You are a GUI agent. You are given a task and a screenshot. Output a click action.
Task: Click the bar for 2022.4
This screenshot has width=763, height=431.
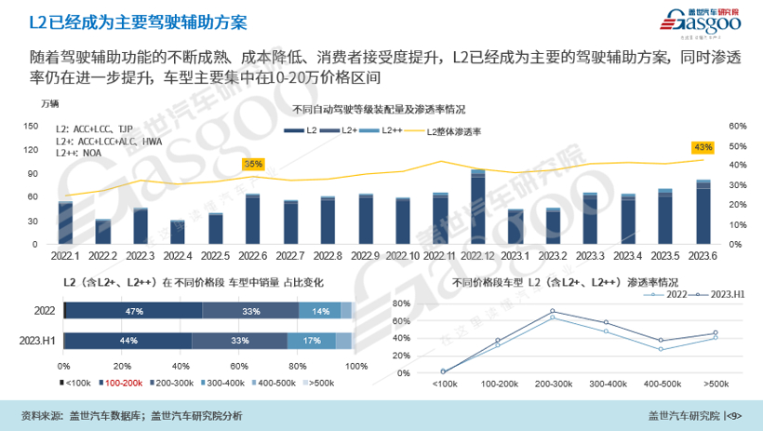click(x=178, y=233)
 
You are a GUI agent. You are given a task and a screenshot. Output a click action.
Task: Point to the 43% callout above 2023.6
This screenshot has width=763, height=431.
click(x=703, y=147)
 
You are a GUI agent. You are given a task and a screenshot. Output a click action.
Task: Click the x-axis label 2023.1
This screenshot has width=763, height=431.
click(x=515, y=254)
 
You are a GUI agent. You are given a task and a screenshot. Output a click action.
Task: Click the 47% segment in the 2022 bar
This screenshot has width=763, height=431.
click(x=134, y=311)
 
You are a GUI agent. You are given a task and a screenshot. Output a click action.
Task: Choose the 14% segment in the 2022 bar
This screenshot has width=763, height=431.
click(x=320, y=311)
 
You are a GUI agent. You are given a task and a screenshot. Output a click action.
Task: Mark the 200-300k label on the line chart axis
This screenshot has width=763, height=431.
click(x=553, y=383)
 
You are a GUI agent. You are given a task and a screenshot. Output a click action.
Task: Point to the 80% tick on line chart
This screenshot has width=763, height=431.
click(x=403, y=303)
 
